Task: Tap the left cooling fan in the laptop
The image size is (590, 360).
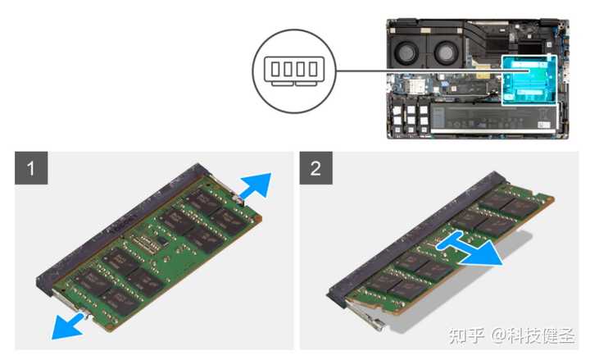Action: point(411,52)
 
